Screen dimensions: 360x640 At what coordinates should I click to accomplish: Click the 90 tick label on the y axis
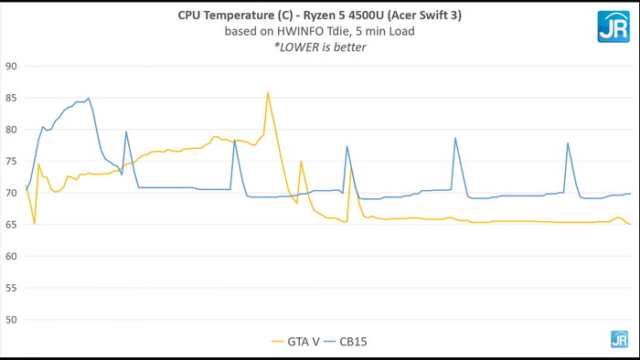point(12,66)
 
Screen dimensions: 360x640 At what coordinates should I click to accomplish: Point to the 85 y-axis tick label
point(12,98)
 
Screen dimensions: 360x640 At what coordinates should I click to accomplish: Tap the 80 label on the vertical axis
point(12,130)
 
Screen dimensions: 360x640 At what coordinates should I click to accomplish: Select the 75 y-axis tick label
point(12,161)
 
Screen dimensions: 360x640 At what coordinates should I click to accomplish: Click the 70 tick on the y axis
point(12,193)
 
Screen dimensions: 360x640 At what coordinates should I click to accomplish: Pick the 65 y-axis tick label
point(12,225)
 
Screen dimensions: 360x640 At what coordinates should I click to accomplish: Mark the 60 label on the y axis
point(12,256)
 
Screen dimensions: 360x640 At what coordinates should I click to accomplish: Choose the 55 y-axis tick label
point(12,288)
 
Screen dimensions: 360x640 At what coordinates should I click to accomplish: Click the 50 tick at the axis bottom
point(12,320)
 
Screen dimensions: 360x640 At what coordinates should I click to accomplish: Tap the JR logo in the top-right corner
point(613,26)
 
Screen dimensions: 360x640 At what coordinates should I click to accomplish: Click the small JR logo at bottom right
point(619,339)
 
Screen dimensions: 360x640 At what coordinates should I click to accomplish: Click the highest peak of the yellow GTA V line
point(268,91)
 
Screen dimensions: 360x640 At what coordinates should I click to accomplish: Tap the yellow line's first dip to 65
point(34,224)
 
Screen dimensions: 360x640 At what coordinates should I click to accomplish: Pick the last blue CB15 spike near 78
point(568,143)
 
